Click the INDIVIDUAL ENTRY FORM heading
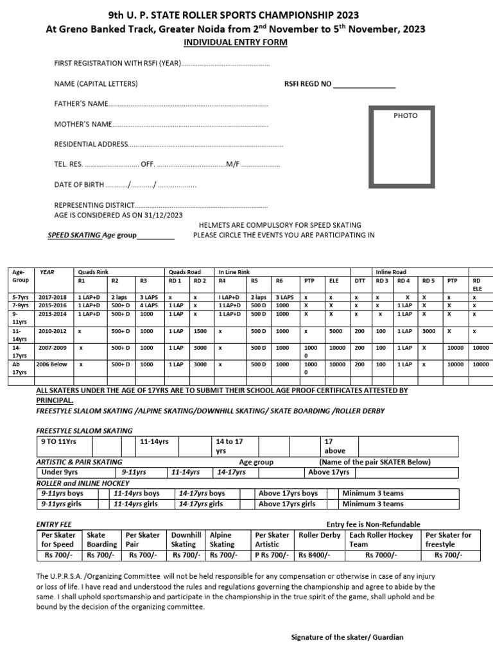(236, 42)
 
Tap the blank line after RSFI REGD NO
(364, 84)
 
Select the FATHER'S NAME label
(80, 103)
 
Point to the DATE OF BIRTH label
(78, 185)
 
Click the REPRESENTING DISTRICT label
(94, 205)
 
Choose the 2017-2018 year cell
(53, 298)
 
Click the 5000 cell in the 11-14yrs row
(336, 331)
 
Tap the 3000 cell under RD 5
(429, 331)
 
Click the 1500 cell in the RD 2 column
(200, 331)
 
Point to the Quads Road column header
(184, 271)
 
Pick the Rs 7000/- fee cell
(381, 555)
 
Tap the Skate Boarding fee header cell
(101, 540)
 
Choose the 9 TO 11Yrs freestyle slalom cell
(58, 441)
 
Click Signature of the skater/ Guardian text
(347, 637)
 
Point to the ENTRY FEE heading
(53, 524)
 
